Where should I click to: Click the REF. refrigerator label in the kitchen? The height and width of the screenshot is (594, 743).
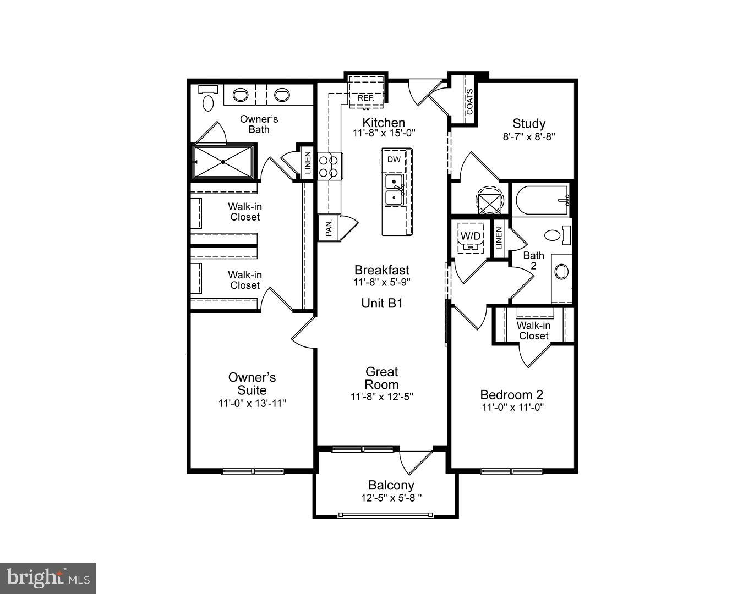coord(365,98)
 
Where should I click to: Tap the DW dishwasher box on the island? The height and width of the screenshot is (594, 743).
coord(394,159)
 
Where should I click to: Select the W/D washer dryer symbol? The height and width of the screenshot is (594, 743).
coord(471,237)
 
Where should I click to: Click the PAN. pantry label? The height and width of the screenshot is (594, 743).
coord(329,228)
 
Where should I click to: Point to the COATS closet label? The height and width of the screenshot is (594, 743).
coord(469,102)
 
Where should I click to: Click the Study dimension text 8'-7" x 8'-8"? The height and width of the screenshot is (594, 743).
coord(528,136)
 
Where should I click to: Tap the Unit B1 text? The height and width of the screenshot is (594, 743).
coord(382,303)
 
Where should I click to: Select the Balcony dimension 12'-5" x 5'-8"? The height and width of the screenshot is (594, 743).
coord(391,498)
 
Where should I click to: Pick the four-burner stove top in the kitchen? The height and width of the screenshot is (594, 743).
coord(329,166)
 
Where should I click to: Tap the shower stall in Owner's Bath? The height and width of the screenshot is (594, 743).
coord(223,162)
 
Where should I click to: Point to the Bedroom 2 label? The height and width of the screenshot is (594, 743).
coord(512,394)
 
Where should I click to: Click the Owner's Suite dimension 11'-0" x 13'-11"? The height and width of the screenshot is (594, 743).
coord(252,403)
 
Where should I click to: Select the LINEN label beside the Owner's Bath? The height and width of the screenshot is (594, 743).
coord(307,162)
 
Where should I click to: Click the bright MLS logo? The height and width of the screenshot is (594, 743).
coord(48,578)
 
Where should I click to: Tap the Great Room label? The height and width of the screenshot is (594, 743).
coord(381,378)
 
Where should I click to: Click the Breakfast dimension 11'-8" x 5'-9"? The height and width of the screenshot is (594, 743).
coord(381,282)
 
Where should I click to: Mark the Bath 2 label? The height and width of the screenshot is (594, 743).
coord(533,260)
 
